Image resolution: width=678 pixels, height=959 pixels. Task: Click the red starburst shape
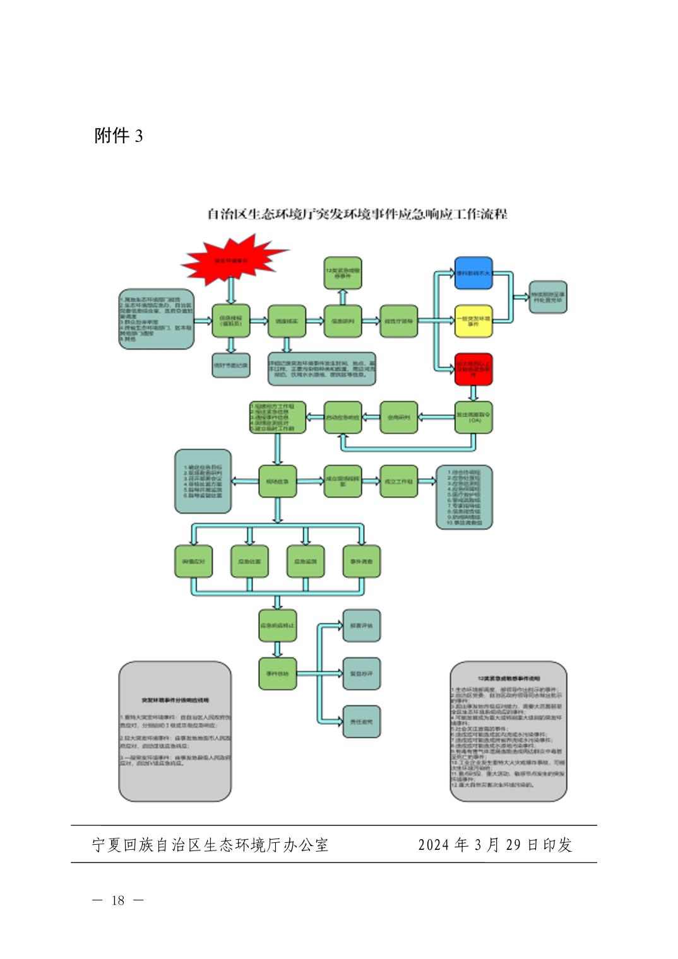232,259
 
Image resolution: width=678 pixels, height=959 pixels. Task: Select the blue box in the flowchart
473,273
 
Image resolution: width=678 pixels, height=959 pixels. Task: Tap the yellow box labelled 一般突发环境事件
473,321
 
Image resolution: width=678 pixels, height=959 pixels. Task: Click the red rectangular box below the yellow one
473,368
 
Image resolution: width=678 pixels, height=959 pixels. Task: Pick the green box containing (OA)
474,417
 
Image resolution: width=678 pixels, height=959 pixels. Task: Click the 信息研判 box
343,321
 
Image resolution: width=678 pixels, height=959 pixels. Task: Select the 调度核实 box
287,321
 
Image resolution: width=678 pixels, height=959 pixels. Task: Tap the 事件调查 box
362,561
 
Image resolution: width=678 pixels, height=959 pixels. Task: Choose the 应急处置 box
249,561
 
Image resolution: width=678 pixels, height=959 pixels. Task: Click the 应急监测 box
306,561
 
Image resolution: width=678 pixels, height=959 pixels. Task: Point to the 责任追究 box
362,721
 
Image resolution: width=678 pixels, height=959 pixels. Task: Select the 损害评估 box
362,625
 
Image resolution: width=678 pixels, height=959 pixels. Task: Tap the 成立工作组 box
399,481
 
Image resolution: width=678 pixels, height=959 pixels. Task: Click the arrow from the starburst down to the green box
231,290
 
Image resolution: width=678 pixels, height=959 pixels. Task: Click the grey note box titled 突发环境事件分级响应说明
175,731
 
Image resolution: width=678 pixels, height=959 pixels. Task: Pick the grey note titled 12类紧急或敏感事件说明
508,731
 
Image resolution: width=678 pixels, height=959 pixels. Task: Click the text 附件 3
119,136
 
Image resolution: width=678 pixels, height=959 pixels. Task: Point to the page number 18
118,900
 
